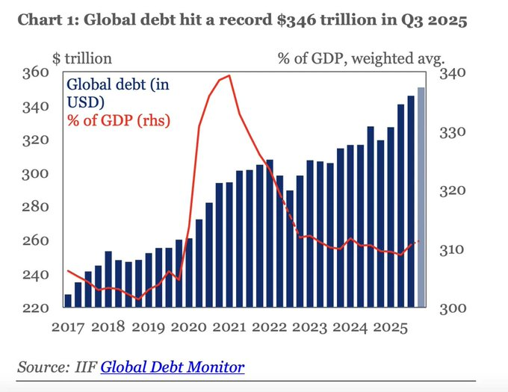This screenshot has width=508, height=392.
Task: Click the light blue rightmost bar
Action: tap(421, 197)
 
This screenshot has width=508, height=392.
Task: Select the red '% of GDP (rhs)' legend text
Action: tap(118, 119)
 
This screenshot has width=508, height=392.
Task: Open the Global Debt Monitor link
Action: tap(172, 367)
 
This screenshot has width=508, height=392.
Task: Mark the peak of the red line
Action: tap(229, 75)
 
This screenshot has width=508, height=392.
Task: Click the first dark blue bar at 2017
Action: tap(68, 300)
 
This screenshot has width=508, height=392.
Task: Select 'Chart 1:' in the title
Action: tap(46, 20)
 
